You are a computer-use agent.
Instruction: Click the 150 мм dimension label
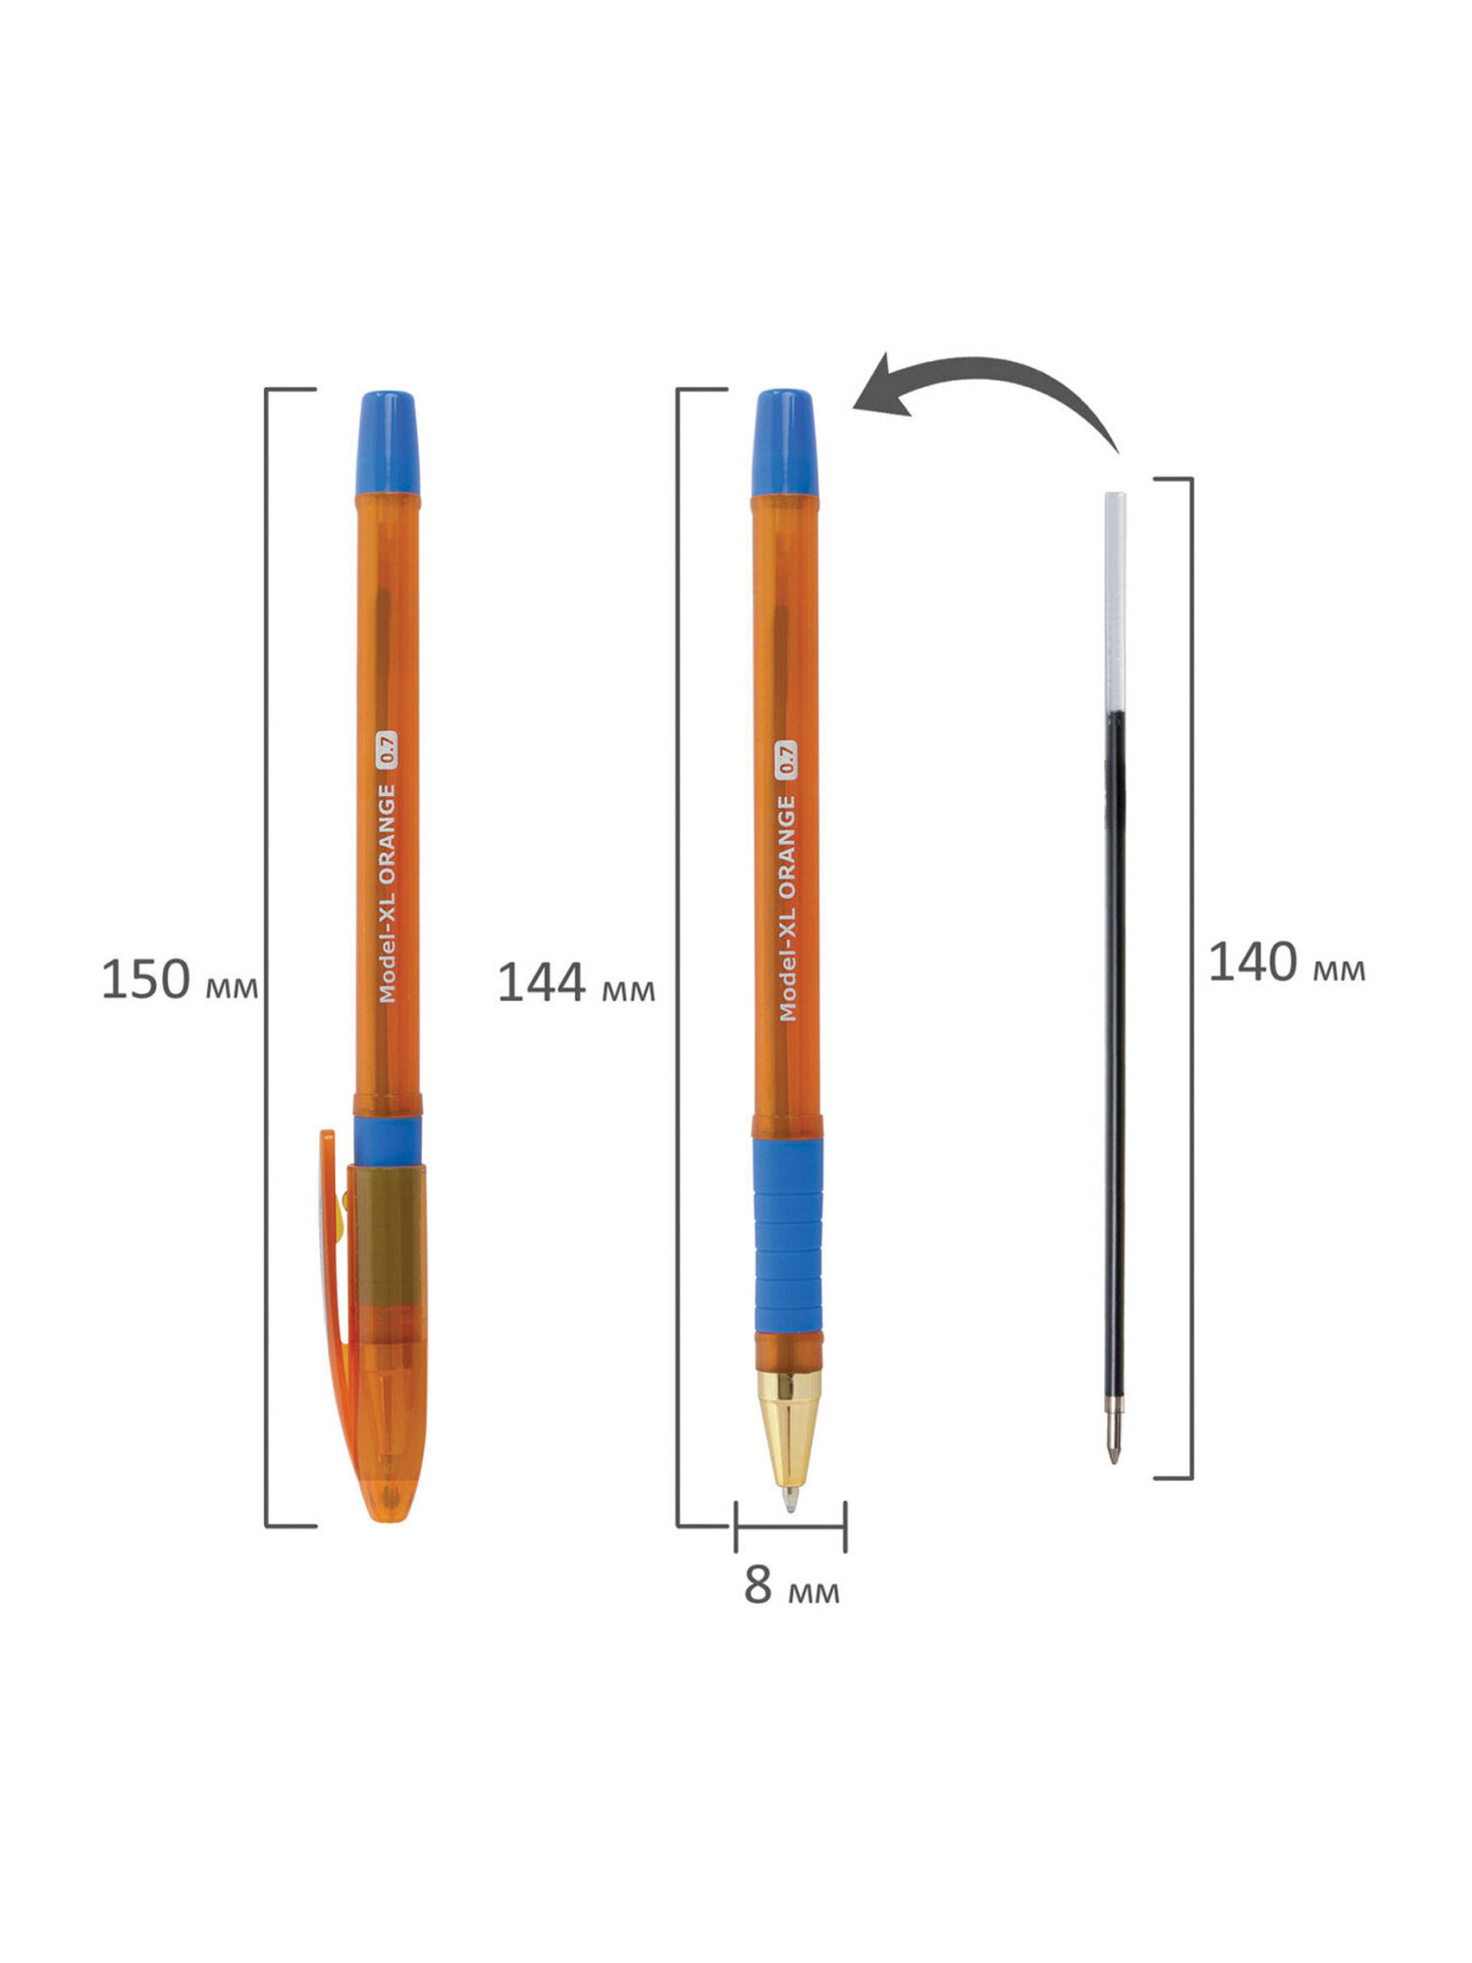[180, 981]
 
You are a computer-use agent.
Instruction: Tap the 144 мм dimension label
[576, 983]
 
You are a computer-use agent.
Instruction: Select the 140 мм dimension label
[1286, 963]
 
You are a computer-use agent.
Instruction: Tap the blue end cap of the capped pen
[388, 443]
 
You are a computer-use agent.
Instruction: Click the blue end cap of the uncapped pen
[785, 443]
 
